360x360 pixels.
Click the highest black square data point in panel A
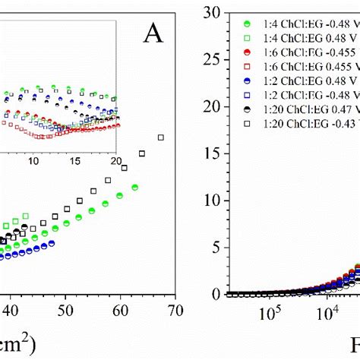click(x=161, y=137)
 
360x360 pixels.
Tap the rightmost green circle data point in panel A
click(x=134, y=187)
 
